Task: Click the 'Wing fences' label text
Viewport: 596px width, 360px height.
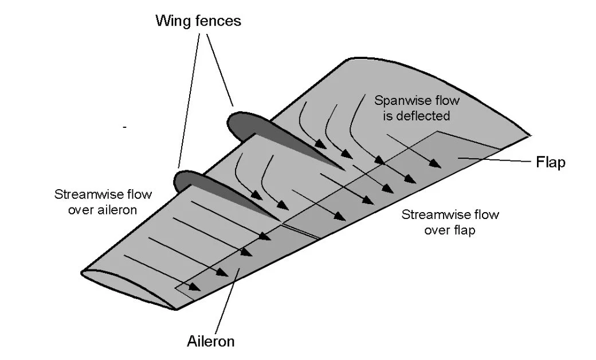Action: [198, 22]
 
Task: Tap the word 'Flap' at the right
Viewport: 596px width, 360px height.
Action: [550, 162]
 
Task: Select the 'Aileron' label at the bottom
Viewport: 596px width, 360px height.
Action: [211, 342]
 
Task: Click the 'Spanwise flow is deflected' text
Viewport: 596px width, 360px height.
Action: [417, 108]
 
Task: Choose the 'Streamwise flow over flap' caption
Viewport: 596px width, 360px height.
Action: [450, 223]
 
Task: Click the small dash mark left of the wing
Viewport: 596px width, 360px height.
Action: [124, 127]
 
